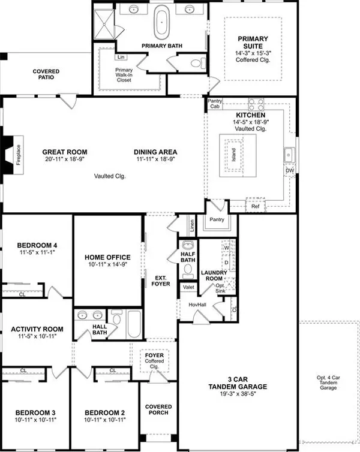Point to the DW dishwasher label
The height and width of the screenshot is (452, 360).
tap(289, 171)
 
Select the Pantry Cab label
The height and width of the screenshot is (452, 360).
tap(214, 104)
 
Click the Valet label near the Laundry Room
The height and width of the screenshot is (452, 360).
tap(188, 287)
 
